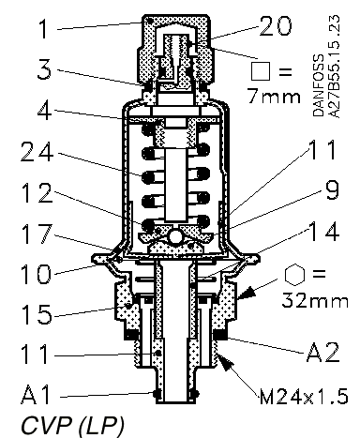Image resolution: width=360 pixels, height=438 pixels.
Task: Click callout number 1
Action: [x=43, y=28]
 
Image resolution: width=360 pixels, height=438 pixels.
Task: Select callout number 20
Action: [x=276, y=25]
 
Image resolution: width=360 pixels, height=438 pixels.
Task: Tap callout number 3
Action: [x=44, y=68]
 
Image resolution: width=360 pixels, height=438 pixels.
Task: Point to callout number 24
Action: [x=37, y=151]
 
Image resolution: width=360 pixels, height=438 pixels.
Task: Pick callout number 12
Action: [x=37, y=193]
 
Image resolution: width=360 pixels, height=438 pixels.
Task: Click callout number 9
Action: [x=332, y=189]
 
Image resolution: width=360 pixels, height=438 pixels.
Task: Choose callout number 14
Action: [x=323, y=231]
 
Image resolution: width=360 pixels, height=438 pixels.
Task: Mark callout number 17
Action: [x=37, y=234]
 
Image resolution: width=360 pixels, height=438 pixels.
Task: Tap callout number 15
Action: [x=37, y=313]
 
